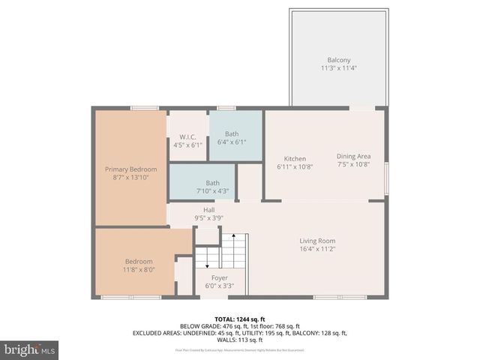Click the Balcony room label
click(x=338, y=60)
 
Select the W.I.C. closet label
click(x=187, y=136)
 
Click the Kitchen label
click(x=295, y=158)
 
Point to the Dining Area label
click(x=353, y=156)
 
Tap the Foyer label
click(x=219, y=277)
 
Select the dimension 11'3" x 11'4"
click(x=338, y=68)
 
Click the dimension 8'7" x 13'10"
click(x=130, y=178)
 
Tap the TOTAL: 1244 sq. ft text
click(x=239, y=318)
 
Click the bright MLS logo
click(x=30, y=349)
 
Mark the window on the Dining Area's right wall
click(x=388, y=180)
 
